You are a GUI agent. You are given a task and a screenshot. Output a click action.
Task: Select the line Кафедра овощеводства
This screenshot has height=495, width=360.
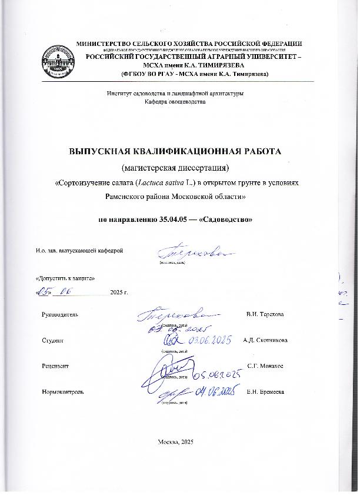pyautogui.click(x=175, y=102)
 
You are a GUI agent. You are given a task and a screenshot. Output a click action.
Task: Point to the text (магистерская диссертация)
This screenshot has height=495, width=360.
pyautogui.click(x=176, y=167)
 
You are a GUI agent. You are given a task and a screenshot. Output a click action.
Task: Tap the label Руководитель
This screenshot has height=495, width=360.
pyautogui.click(x=60, y=314)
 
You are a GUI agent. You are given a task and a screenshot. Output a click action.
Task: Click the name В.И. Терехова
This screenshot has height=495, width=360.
pyautogui.click(x=265, y=314)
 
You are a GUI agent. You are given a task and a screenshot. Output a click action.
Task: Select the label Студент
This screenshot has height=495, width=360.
pyautogui.click(x=53, y=341)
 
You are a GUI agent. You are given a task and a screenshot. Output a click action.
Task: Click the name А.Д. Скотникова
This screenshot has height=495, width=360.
pyautogui.click(x=265, y=341)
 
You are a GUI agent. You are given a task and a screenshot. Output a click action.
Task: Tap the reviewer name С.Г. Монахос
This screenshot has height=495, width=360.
pyautogui.click(x=265, y=366)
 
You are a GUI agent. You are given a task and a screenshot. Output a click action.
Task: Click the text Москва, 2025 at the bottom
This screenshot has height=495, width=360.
pyautogui.click(x=176, y=441)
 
